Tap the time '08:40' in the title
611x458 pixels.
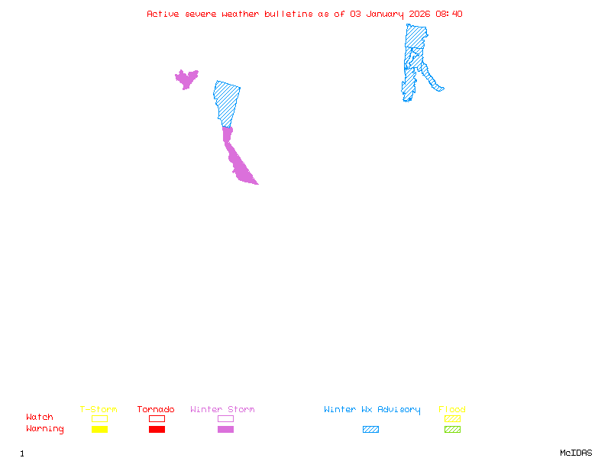point(449,14)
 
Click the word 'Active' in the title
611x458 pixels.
point(163,14)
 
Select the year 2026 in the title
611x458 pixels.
point(419,14)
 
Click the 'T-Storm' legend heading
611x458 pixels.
point(99,410)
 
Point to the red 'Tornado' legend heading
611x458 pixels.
point(156,410)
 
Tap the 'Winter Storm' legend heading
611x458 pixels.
point(222,410)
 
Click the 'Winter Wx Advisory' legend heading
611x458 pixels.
point(372,410)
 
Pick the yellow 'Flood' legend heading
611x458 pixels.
point(452,410)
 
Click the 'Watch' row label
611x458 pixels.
point(40,418)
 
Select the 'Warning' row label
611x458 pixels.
point(45,429)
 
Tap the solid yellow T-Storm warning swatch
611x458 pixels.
point(99,429)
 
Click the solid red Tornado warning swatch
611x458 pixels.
point(157,429)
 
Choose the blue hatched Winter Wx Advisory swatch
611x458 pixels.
point(370,429)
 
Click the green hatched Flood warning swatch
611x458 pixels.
point(452,429)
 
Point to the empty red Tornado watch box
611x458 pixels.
point(157,418)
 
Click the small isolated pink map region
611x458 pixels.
point(186,78)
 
